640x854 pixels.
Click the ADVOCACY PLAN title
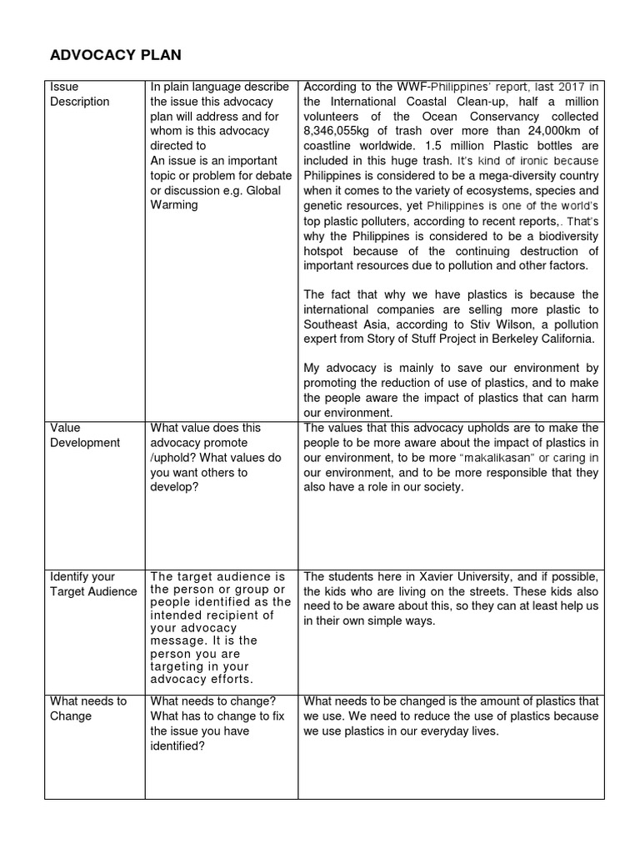pyautogui.click(x=115, y=56)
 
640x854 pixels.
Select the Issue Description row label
pyautogui.click(x=79, y=94)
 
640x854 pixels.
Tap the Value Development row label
pyautogui.click(x=85, y=435)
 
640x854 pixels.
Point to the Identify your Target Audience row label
pyautogui.click(x=92, y=584)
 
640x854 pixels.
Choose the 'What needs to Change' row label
pyautogui.click(x=87, y=708)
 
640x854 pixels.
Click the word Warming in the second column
pyautogui.click(x=175, y=205)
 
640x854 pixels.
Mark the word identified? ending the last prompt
pyautogui.click(x=177, y=746)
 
